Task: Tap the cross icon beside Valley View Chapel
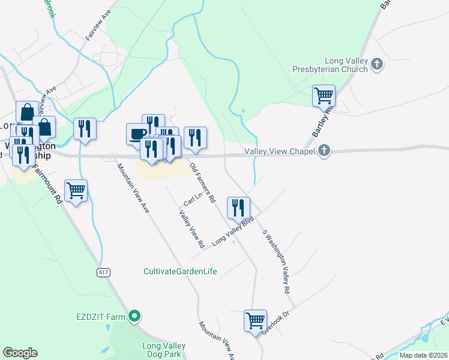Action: [324, 151]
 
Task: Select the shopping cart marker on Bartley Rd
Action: [324, 95]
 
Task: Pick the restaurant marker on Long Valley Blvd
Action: [238, 208]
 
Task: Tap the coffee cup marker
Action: [137, 133]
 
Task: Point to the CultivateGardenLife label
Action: [181, 271]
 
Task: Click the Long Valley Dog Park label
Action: [163, 350]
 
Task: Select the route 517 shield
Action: [103, 272]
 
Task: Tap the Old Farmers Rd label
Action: [202, 183]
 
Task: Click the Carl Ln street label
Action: [191, 199]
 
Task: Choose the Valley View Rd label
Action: [192, 229]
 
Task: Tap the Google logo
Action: [20, 353]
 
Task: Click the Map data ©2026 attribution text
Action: [424, 355]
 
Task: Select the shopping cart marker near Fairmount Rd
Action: [76, 191]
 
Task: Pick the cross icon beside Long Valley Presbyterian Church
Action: [377, 64]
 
